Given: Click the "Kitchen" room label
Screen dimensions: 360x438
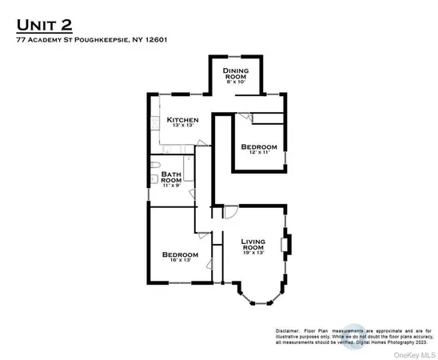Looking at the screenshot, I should click(x=182, y=121).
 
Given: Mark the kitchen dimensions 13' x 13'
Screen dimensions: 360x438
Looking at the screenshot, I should click(x=182, y=128).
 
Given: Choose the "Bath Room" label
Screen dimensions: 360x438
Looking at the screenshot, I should click(x=172, y=178).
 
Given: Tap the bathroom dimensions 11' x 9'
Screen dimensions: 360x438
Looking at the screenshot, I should click(x=172, y=186).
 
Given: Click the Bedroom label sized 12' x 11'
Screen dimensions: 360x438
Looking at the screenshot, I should click(x=259, y=146).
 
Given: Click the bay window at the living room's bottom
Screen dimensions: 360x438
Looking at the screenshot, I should click(x=259, y=299).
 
